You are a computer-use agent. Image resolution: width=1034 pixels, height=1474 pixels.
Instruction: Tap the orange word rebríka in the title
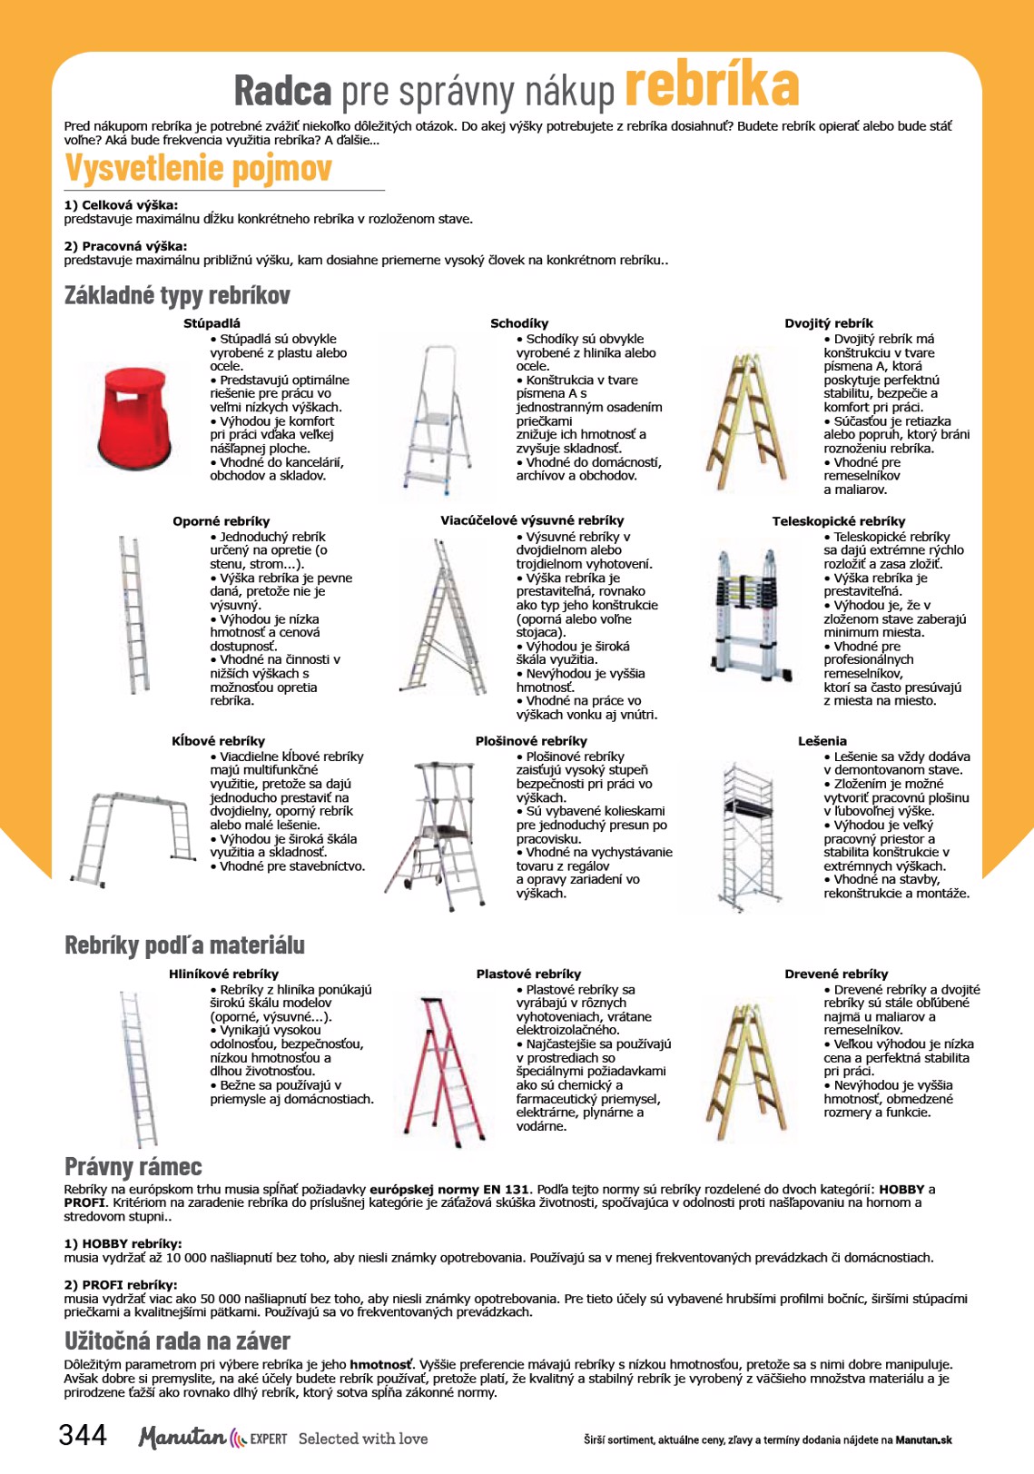coord(712,86)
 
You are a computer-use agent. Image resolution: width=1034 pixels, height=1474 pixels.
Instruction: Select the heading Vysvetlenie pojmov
coord(198,169)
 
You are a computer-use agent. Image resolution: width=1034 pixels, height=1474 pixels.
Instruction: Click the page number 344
coord(83,1435)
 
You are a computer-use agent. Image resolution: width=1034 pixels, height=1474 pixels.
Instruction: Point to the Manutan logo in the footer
coord(182,1437)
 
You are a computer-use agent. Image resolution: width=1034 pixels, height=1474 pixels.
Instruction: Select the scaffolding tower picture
coord(750,835)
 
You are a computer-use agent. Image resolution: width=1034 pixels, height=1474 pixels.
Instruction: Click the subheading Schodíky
coord(519,323)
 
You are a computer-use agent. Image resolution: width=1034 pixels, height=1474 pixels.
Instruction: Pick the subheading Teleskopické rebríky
coord(838,521)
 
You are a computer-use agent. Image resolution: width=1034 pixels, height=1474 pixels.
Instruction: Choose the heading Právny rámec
coord(133,1167)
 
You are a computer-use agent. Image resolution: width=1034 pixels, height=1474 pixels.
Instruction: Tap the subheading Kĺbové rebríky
coord(218,741)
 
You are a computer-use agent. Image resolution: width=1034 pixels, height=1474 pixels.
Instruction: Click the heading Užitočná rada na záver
coord(177,1341)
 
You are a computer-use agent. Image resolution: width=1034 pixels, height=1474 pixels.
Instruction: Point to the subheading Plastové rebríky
coord(528,974)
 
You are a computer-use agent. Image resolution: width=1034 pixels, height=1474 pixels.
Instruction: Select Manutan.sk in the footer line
coord(923,1439)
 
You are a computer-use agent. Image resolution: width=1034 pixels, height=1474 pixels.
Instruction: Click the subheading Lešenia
coord(822,741)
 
